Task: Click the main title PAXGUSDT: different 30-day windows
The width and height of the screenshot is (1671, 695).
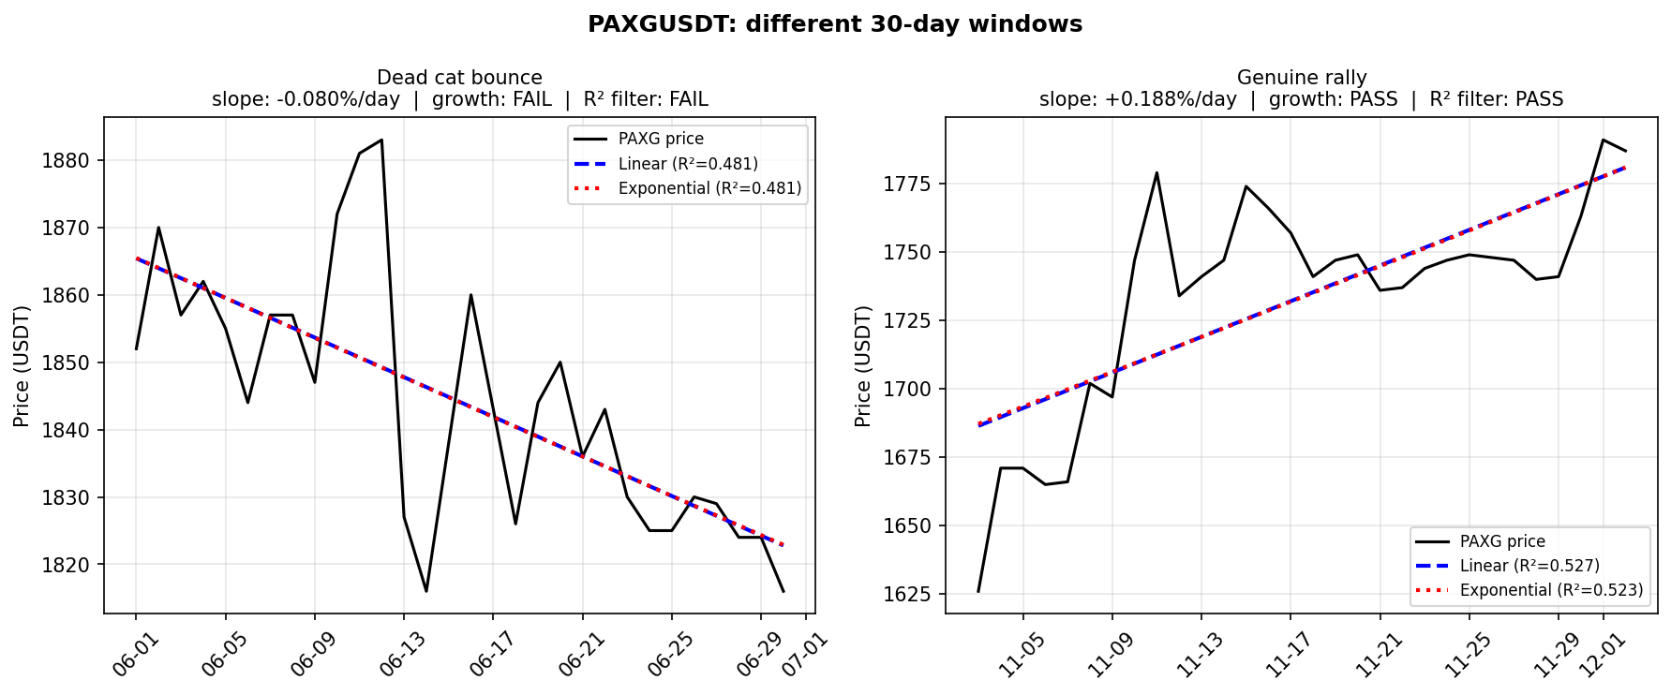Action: pyautogui.click(x=834, y=24)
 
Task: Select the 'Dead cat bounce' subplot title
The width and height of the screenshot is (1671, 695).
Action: pyautogui.click(x=459, y=78)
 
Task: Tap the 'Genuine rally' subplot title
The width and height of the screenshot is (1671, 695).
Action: pyautogui.click(x=1301, y=78)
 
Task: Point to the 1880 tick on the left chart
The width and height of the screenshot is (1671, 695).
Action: pyautogui.click(x=66, y=161)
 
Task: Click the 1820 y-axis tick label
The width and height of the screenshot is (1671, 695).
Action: pyautogui.click(x=66, y=565)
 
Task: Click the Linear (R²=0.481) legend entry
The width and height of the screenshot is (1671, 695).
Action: pyautogui.click(x=687, y=164)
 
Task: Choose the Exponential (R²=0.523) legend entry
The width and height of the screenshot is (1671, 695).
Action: pyautogui.click(x=1551, y=590)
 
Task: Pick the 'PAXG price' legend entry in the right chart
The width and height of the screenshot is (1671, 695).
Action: pyautogui.click(x=1502, y=541)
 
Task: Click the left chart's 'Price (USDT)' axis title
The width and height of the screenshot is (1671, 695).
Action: pyautogui.click(x=22, y=365)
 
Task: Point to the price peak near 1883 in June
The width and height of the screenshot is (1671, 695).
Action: pyautogui.click(x=381, y=140)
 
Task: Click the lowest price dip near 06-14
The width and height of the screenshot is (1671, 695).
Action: pyautogui.click(x=426, y=591)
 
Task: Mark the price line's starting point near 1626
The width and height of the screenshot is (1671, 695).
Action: pyautogui.click(x=978, y=591)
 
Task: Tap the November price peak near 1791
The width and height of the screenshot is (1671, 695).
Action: pyautogui.click(x=1604, y=140)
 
